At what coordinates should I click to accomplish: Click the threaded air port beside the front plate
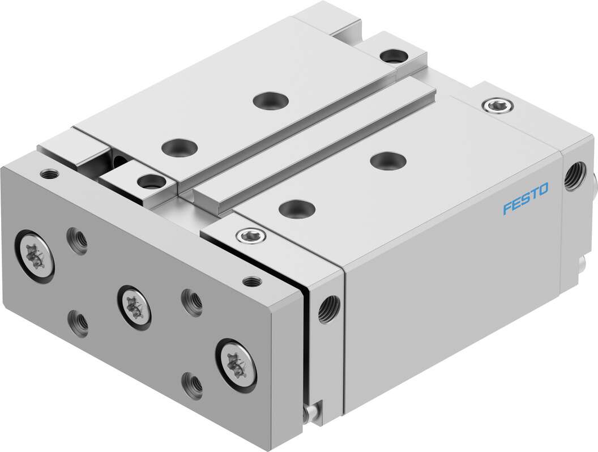point(327,309)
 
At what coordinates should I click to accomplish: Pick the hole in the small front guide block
point(149,182)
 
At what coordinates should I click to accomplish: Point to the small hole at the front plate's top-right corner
point(250,280)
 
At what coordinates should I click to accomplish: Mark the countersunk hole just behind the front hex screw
point(296,208)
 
